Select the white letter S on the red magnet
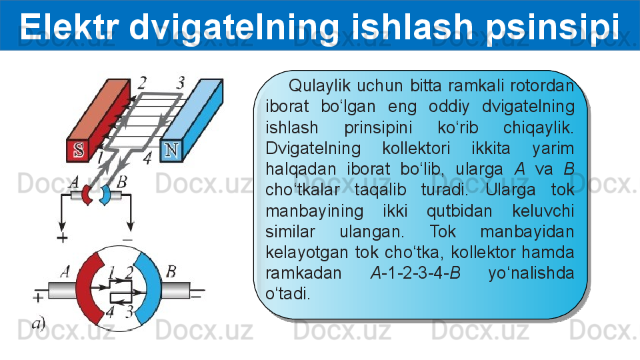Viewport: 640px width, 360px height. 79,150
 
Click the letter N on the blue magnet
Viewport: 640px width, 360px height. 171,150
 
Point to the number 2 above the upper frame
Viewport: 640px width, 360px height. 141,83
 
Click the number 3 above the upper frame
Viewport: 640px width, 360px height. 181,83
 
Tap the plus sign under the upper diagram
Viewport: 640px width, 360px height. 62,237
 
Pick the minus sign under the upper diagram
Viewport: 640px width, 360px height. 128,239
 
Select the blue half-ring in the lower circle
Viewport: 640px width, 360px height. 152,288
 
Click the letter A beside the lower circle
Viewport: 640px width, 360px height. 65,271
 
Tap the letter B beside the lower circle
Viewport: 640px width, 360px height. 171,271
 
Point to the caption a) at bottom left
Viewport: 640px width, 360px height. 39,324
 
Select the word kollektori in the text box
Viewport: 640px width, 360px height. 416,148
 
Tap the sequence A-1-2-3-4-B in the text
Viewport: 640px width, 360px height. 415,273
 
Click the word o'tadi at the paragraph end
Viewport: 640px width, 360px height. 288,293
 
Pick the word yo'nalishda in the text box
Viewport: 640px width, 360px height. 531,273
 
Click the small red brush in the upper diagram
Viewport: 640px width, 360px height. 87,195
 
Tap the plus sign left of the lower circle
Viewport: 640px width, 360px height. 38,297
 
